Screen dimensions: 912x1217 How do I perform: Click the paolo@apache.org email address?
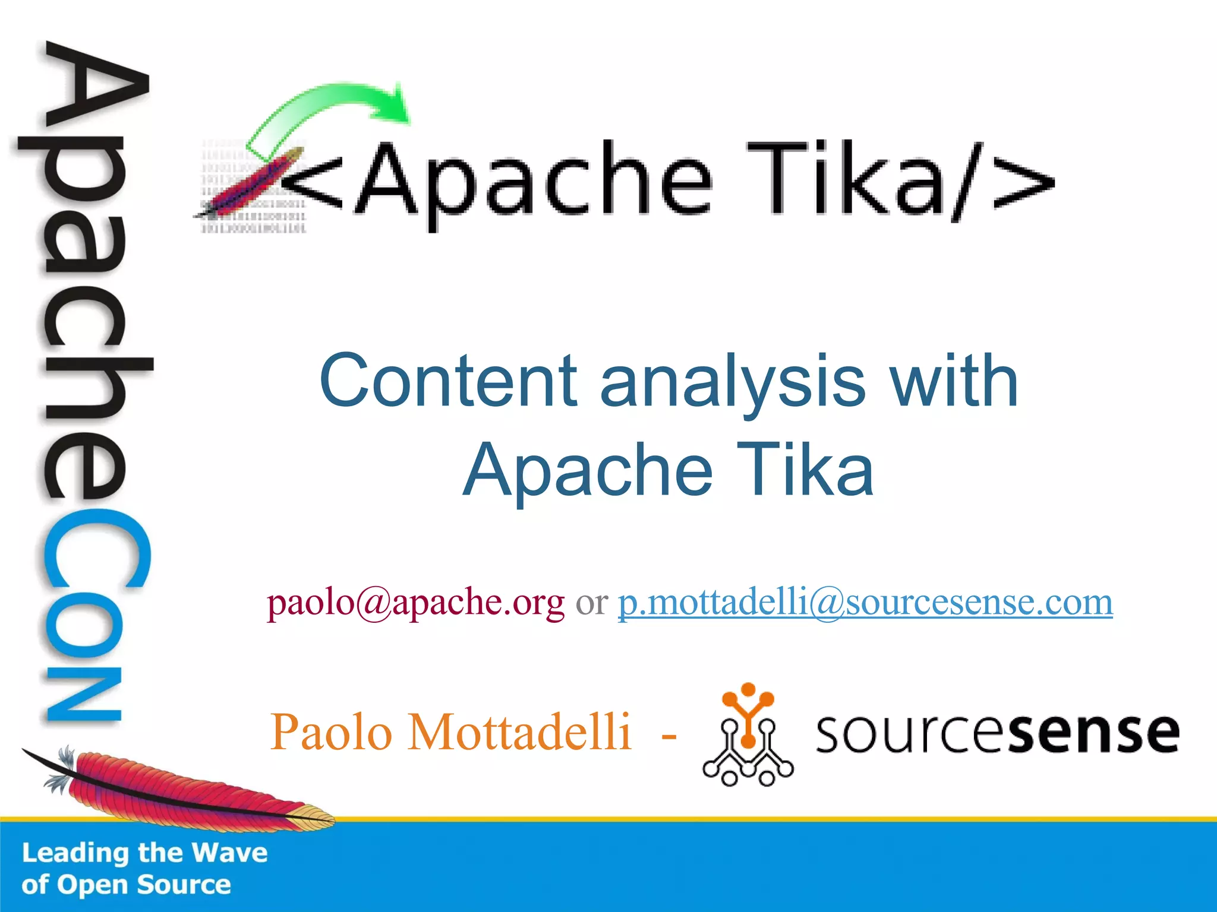[416, 603]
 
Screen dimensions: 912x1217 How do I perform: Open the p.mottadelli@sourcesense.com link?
[865, 603]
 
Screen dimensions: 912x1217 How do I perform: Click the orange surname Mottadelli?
[519, 732]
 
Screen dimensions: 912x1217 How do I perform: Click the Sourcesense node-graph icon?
[748, 735]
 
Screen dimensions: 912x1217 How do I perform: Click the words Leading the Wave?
[144, 853]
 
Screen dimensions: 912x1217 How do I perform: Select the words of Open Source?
[126, 885]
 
